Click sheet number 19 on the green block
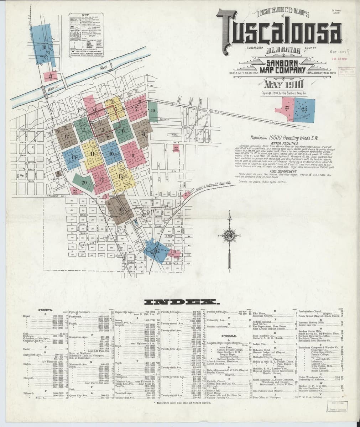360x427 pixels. [x=153, y=111]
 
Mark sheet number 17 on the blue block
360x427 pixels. [x=157, y=251]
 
